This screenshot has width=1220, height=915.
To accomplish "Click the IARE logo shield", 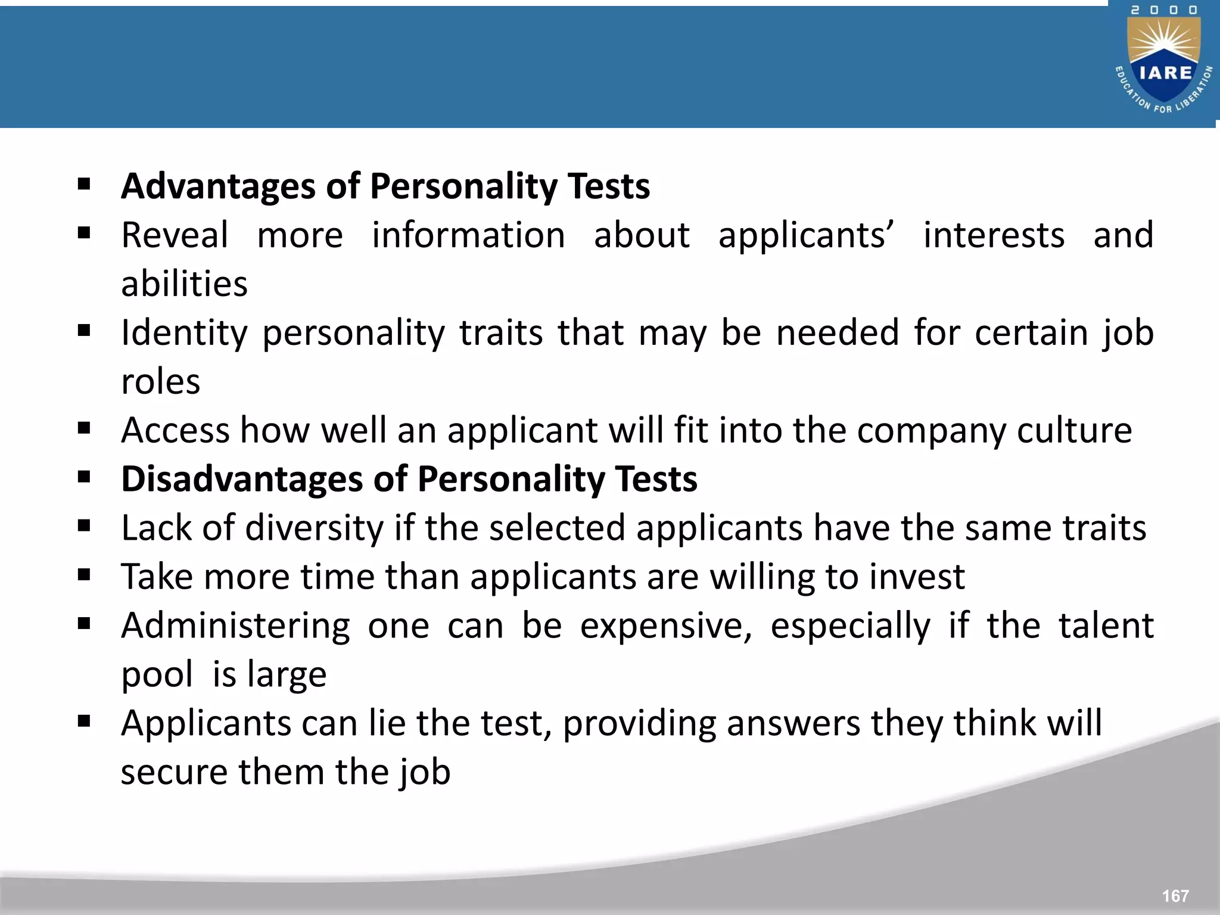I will coord(1165,66).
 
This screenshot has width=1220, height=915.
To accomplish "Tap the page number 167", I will coord(1175,896).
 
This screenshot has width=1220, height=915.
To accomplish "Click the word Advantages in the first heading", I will coord(218,186).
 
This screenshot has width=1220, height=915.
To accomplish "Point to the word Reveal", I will coord(175,235).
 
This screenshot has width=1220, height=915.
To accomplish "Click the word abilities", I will coord(184,284).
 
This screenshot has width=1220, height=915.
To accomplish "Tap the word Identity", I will coord(184,332).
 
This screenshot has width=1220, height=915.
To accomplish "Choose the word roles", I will coord(160,382).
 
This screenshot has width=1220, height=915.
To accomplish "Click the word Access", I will coord(175,430).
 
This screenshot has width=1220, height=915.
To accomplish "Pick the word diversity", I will coord(315,528).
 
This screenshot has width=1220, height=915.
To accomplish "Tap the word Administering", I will coord(235,626).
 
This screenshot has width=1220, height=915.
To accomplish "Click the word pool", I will coord(157,675).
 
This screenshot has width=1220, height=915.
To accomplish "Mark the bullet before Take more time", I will coord(84,575).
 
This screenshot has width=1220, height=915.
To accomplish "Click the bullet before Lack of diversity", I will coord(84,526).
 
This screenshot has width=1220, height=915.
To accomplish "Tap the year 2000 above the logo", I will coord(1164,10).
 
